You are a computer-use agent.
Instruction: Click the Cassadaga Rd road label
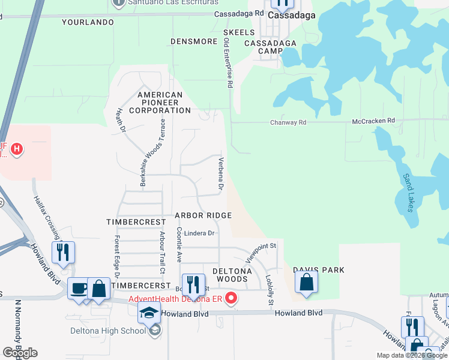(243, 13)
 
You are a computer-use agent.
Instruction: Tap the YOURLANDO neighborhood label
(88, 23)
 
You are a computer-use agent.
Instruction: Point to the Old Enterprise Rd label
(228, 64)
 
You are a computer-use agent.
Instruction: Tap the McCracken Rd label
(373, 121)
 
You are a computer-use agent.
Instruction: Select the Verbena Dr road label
(221, 175)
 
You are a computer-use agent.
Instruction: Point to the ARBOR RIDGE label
(203, 215)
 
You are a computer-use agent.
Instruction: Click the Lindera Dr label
(199, 233)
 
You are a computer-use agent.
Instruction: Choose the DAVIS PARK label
(318, 270)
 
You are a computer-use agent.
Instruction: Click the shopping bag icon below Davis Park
(306, 284)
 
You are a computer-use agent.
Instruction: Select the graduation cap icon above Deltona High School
(149, 313)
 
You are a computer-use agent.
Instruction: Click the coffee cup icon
(79, 289)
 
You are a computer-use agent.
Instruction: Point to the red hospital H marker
(17, 148)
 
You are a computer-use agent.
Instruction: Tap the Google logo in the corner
(19, 353)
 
